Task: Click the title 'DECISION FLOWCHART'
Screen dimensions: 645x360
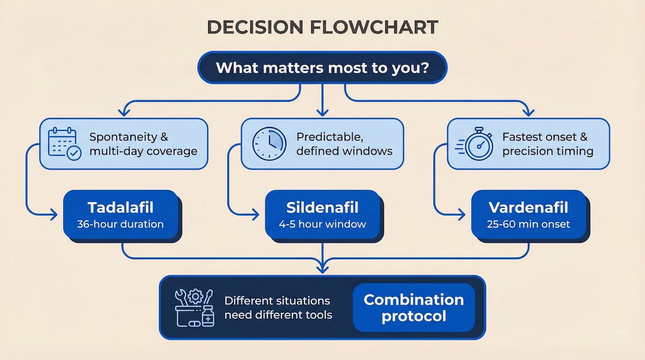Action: [322, 27]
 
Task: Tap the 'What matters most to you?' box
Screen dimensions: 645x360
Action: [322, 68]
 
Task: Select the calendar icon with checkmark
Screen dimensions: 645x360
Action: [65, 143]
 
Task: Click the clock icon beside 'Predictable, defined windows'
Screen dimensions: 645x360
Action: [269, 143]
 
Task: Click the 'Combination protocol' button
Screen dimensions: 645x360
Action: [413, 307]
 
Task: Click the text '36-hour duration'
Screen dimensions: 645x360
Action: [120, 224]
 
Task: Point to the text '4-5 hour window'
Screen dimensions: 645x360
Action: [322, 224]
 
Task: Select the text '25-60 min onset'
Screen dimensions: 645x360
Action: [528, 224]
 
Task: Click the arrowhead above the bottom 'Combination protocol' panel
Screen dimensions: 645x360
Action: [322, 269]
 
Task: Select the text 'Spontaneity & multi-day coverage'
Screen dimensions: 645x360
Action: [143, 144]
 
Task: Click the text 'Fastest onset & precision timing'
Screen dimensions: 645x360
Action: [547, 144]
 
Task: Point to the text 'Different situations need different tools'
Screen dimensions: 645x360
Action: [278, 307]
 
